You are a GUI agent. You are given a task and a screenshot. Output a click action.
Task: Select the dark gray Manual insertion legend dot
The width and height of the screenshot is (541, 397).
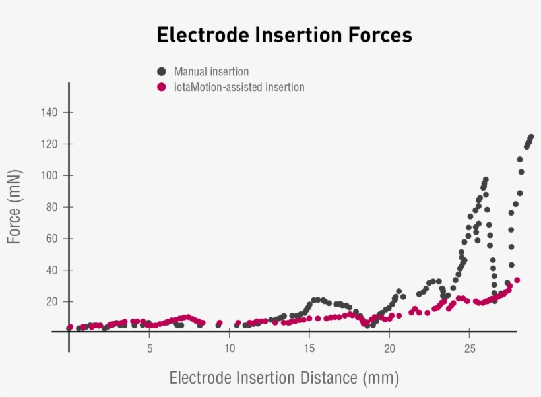coord(161,71)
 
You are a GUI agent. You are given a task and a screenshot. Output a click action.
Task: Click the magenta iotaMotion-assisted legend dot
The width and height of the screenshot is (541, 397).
coord(161,86)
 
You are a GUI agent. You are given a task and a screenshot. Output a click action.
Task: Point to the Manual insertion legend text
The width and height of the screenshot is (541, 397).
coord(211,71)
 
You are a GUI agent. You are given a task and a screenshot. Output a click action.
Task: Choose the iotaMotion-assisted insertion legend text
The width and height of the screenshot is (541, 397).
coord(239,87)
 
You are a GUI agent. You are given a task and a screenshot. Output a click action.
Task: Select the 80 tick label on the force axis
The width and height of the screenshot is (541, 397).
coord(53,207)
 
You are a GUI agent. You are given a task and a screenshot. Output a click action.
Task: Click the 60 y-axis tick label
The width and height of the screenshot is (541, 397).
coord(53,238)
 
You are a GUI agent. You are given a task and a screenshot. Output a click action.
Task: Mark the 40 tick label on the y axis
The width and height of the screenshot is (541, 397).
coord(53,270)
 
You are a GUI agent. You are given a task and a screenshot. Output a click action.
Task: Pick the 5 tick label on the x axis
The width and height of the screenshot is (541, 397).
coord(150,348)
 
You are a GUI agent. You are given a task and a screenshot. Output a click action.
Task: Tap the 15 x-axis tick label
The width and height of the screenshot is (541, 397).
coord(309,348)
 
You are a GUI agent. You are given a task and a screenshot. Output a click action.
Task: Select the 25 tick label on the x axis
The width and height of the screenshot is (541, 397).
coord(469,348)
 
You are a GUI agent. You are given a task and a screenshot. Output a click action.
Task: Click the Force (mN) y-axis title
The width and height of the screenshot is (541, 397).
coord(15,207)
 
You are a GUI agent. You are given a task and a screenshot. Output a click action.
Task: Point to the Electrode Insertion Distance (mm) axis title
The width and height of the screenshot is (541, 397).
coord(284,378)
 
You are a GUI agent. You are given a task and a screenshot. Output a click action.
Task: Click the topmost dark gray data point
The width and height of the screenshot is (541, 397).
coord(531,137)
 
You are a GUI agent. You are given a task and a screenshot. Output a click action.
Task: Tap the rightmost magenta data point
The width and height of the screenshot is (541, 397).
coord(517,280)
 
